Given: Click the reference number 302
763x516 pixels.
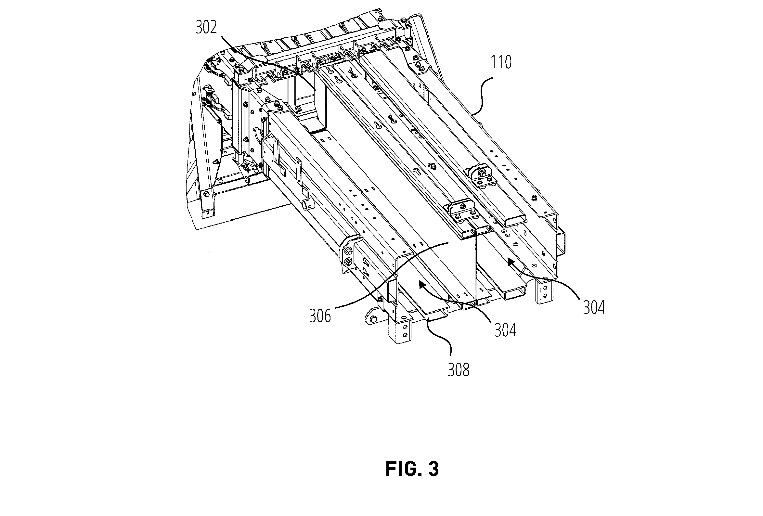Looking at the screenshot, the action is [206, 28].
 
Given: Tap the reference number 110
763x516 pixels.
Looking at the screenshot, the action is [501, 62].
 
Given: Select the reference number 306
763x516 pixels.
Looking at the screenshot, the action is [320, 316].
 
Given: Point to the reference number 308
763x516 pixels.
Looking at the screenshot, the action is [459, 370].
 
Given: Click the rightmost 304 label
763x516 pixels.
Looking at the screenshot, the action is [594, 308].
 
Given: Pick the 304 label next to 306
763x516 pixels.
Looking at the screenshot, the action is [506, 330].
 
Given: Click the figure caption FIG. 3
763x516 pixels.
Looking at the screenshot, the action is [412, 469].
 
